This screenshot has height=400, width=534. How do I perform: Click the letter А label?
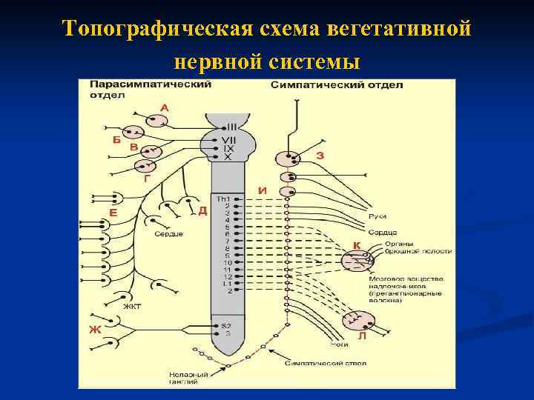point(164,107)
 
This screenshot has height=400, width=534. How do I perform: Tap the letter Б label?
point(116,139)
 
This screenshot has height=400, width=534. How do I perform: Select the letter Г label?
point(147,179)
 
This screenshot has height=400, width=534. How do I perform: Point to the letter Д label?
point(202,210)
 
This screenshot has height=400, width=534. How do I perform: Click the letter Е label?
point(113,213)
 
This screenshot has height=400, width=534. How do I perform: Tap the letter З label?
point(320,156)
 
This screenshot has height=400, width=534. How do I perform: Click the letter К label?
point(357,244)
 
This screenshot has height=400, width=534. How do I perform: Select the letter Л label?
point(362,336)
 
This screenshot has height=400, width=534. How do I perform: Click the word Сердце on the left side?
point(168,234)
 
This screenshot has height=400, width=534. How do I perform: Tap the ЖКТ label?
point(132,306)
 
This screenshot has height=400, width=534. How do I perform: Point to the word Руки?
point(377,216)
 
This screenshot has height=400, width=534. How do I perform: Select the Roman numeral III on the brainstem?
point(231,127)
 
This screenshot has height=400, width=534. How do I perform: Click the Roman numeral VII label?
point(228,140)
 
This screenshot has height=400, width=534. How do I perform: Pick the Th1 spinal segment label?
point(223,199)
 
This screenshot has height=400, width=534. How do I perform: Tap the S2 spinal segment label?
point(226,326)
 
